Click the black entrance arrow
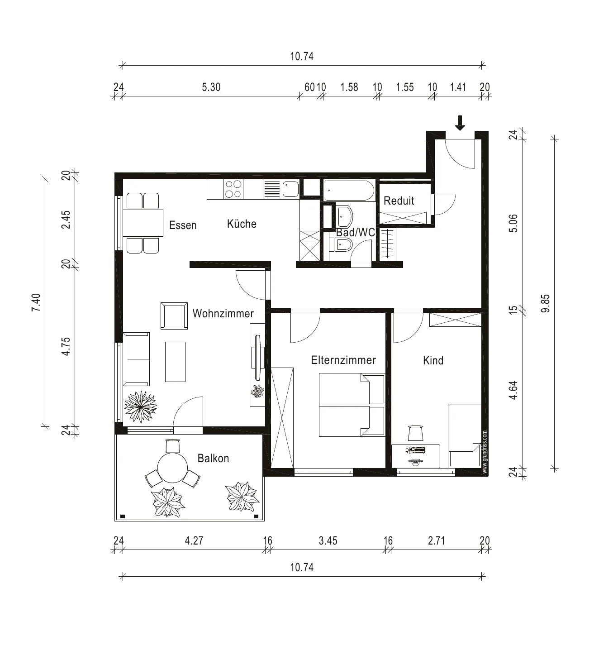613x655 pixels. click(x=460, y=123)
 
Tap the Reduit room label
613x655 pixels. click(x=399, y=201)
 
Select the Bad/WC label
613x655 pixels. click(x=356, y=232)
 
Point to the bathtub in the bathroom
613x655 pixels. click(x=349, y=191)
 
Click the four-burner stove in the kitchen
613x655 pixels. click(x=233, y=189)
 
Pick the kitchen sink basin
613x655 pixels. click(x=290, y=189)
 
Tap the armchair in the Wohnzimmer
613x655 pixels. click(x=174, y=316)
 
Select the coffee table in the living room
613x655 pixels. click(x=175, y=362)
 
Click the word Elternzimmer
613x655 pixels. click(x=343, y=360)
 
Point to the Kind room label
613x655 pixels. click(x=433, y=360)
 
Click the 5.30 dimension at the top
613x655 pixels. click(x=211, y=87)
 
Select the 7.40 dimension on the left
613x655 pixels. click(x=36, y=302)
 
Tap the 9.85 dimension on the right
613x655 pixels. click(x=546, y=303)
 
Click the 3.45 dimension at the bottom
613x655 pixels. click(x=328, y=540)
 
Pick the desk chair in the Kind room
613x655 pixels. click(x=415, y=433)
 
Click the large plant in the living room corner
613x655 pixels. click(x=141, y=406)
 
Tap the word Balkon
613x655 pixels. click(x=213, y=458)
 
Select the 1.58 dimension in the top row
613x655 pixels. click(x=349, y=87)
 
